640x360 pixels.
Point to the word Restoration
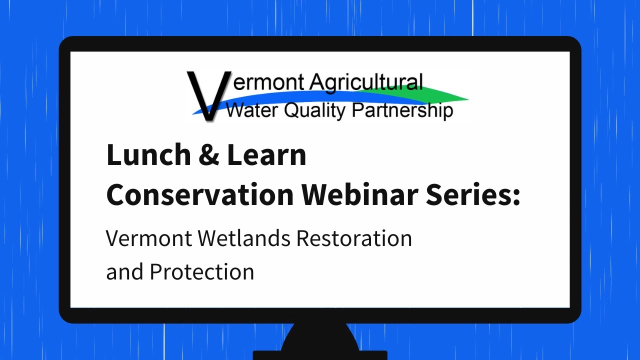[354, 238]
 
